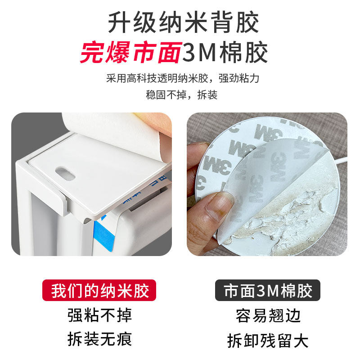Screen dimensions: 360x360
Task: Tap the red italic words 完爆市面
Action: pyautogui.click(x=130, y=53)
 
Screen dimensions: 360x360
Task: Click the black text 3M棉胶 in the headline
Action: pyautogui.click(x=225, y=53)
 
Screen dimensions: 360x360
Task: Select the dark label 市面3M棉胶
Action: pyautogui.click(x=267, y=291)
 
